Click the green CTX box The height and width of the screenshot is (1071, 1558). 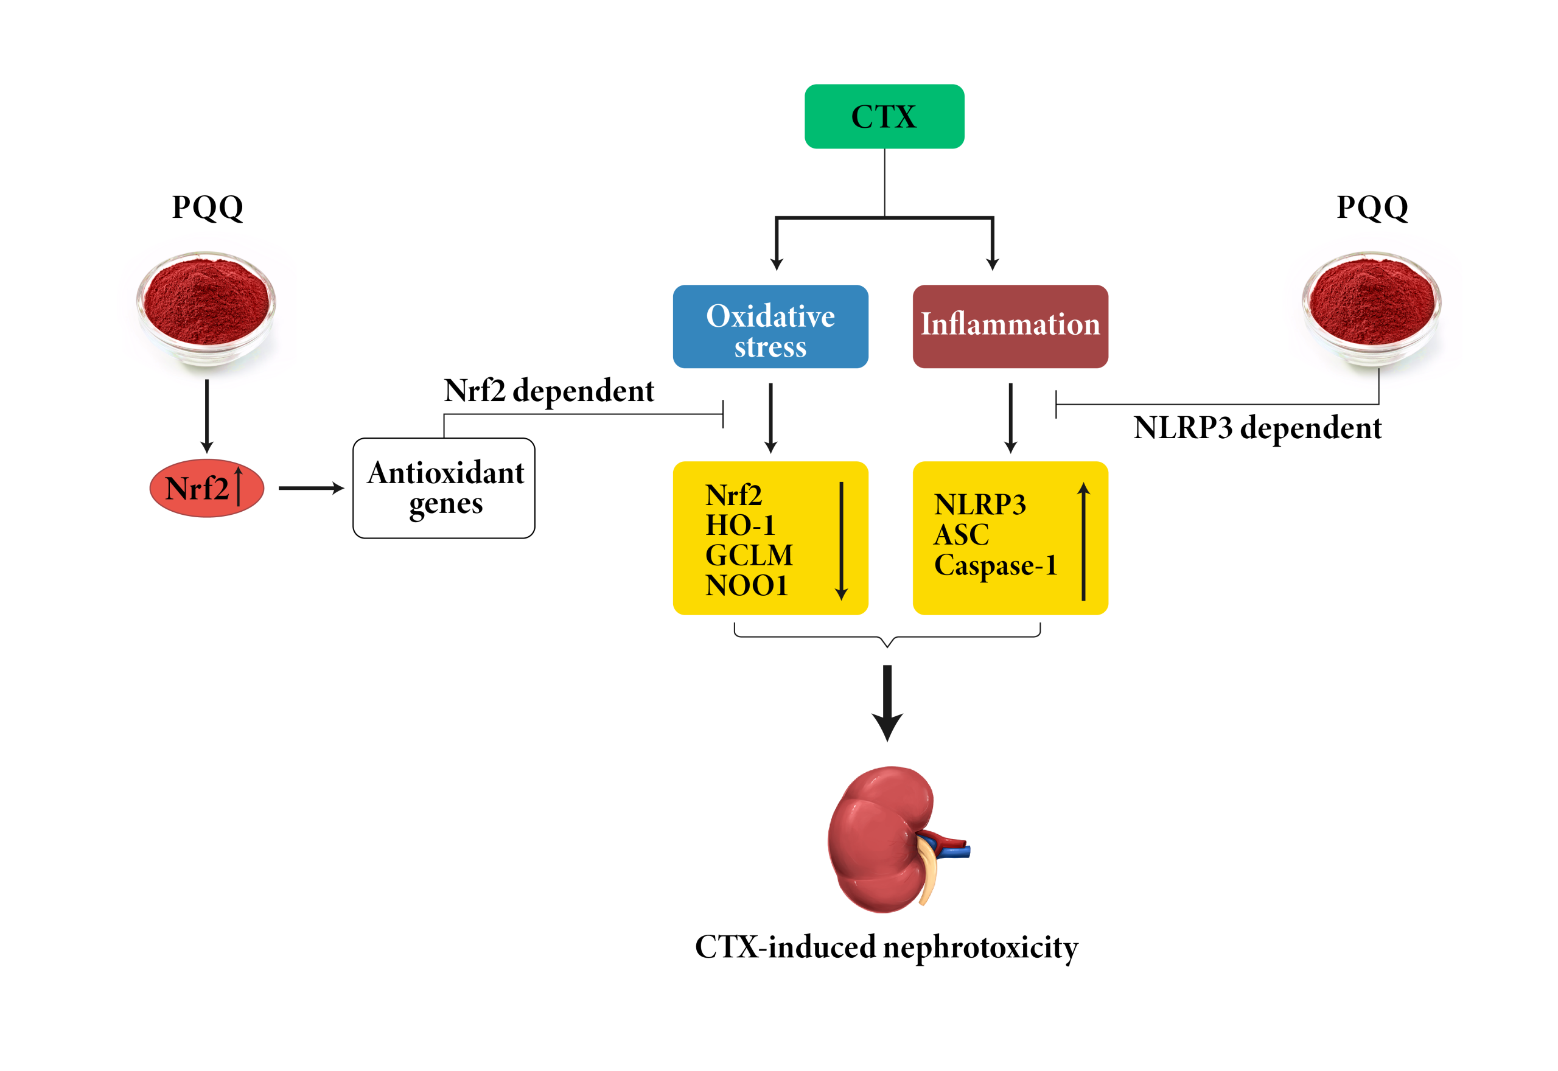tap(884, 116)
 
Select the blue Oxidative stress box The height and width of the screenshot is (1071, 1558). tap(770, 327)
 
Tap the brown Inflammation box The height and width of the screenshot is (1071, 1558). tap(1010, 327)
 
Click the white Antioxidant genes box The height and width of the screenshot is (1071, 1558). tap(444, 488)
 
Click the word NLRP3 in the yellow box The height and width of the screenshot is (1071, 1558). tap(980, 504)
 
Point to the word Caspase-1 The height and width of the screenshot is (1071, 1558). tap(996, 565)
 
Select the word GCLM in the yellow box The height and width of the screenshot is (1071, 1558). tap(749, 555)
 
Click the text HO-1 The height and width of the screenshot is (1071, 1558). tap(740, 525)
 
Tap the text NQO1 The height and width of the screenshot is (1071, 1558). tap(746, 585)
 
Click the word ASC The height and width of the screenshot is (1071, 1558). tap(961, 535)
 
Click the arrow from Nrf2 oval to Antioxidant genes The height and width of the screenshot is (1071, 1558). tap(310, 489)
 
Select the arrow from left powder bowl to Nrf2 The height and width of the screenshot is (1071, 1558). tap(207, 416)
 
